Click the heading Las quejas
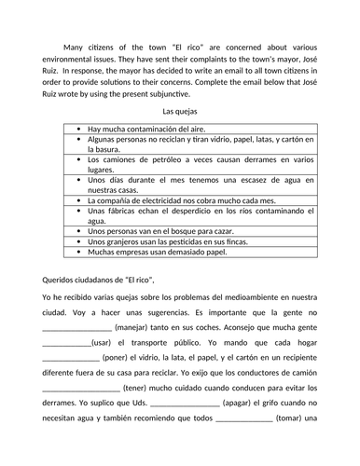180,112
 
